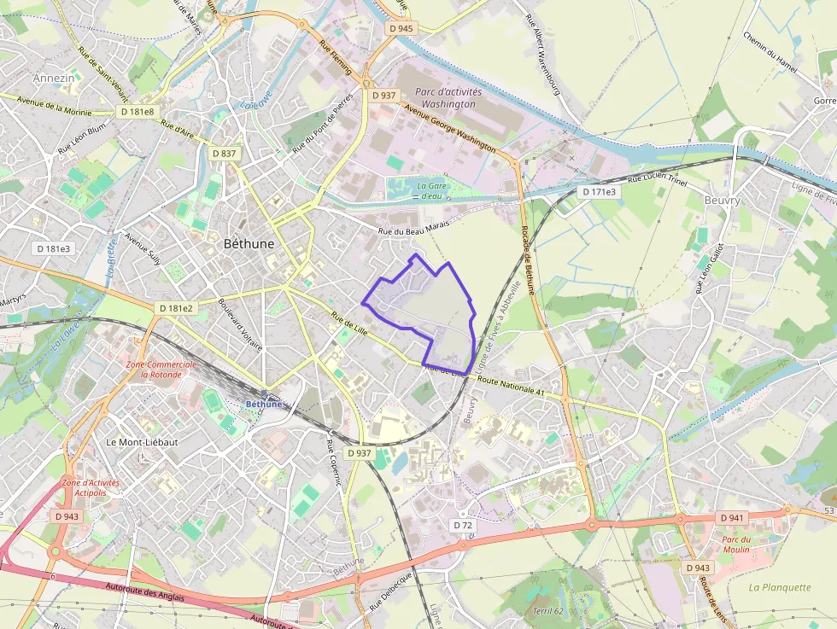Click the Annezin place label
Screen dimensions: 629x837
coord(54,79)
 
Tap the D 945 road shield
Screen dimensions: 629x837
coord(401,28)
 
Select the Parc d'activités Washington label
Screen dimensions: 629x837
coord(448,97)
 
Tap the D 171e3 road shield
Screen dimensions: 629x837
coord(600,192)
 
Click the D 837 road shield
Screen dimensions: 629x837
coord(224,153)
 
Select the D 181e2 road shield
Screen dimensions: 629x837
coord(176,307)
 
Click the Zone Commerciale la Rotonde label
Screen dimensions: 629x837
coord(161,369)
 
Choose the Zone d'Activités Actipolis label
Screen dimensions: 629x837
coord(91,487)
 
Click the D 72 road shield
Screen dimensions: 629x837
coord(463,526)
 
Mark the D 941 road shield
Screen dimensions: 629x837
coord(733,518)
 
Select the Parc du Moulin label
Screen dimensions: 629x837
coord(735,544)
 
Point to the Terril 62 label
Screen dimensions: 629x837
coord(547,610)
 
